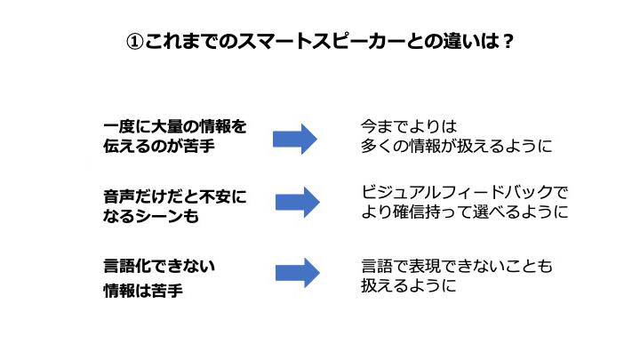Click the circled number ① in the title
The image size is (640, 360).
coord(134,42)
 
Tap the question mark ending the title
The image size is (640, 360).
coord(508,42)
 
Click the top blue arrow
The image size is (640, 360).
coord(295,138)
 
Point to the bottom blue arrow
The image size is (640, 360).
coord(297,273)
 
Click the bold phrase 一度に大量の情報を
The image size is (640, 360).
coord(174,126)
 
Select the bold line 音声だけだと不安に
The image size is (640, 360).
coord(174,195)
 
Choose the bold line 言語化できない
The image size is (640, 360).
coord(160,265)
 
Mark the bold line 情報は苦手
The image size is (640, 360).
coord(143,290)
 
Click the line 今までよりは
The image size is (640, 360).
coord(408,126)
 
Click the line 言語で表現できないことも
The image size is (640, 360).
coord(456,266)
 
